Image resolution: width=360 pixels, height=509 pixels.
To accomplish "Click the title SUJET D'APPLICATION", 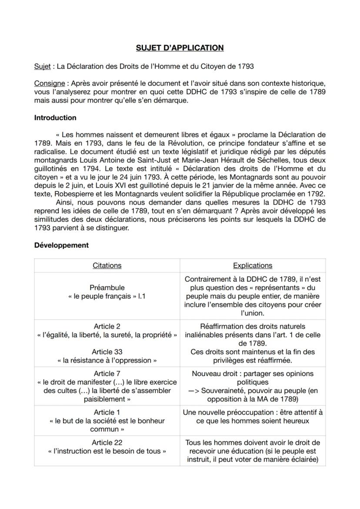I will click(x=180, y=48).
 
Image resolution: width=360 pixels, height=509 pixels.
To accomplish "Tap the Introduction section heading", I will click(x=55, y=118).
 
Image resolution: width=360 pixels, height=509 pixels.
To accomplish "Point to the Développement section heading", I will click(x=61, y=245).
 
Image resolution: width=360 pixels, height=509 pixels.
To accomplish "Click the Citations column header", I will click(x=107, y=265).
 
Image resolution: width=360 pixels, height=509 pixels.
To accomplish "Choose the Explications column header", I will click(x=253, y=265).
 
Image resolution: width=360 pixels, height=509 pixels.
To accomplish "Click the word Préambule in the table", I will click(x=107, y=287).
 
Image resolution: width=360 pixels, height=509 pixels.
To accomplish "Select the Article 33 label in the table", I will click(x=107, y=352).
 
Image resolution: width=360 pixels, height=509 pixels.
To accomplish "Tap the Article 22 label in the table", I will click(x=107, y=442).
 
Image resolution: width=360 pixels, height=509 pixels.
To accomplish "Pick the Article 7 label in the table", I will click(x=107, y=373).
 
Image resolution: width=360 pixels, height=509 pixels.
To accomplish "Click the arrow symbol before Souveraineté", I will click(x=194, y=391).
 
